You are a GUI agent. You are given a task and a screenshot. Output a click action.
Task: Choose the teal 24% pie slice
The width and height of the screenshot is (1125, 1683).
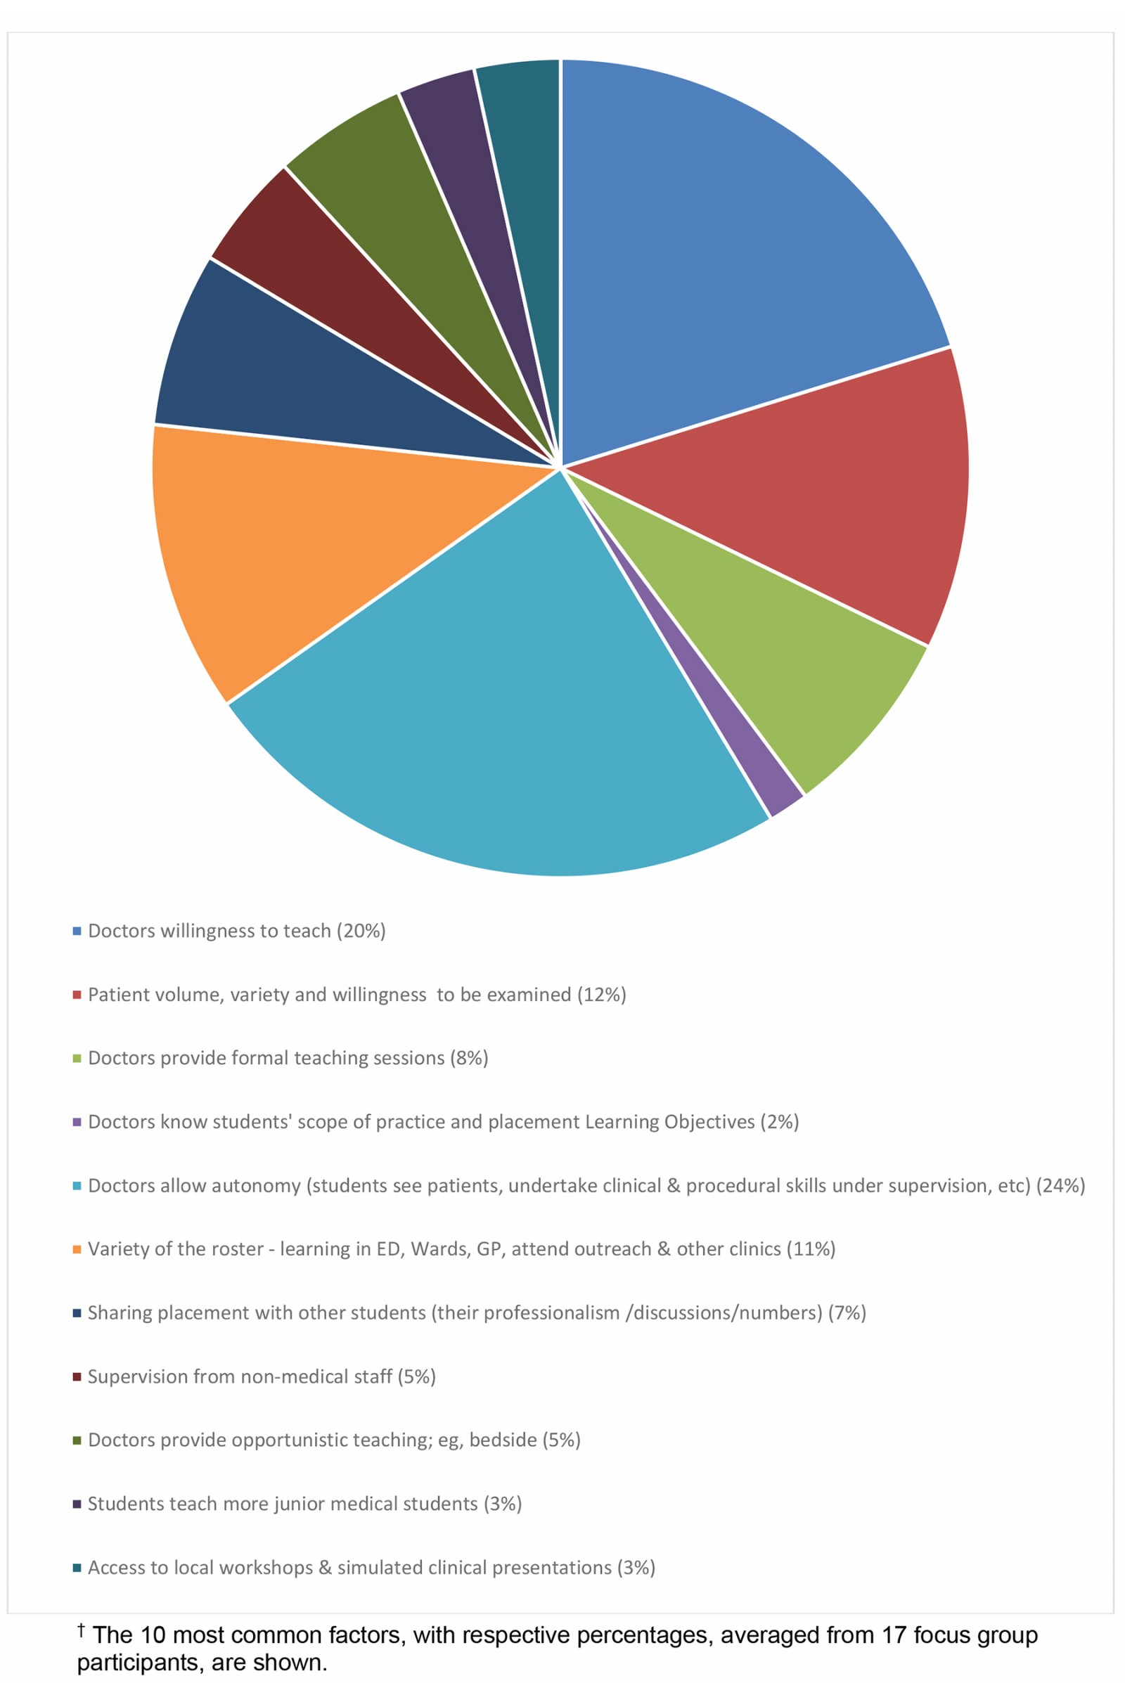(502, 717)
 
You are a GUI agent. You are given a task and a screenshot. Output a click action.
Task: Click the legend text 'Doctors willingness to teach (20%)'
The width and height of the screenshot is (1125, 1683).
(237, 931)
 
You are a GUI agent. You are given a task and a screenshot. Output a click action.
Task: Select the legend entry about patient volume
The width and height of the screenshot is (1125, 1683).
(356, 994)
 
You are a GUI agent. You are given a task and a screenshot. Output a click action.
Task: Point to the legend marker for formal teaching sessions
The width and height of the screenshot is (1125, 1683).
(77, 1058)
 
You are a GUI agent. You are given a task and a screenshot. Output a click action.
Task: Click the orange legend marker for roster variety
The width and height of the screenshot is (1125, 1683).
(77, 1250)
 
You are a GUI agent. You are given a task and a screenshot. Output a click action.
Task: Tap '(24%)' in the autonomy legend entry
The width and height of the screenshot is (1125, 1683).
(1060, 1186)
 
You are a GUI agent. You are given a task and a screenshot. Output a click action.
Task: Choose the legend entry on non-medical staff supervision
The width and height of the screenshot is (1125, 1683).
(261, 1376)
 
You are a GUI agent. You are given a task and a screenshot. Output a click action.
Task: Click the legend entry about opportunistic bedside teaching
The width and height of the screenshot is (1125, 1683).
(333, 1440)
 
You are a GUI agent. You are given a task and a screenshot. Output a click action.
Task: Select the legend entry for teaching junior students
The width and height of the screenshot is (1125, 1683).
(304, 1504)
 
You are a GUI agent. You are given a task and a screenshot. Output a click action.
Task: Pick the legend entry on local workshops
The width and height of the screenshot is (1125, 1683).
(371, 1568)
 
